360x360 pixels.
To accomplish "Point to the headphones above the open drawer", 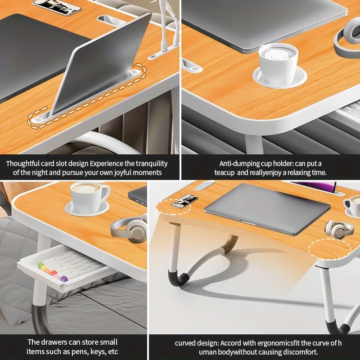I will click(x=130, y=229).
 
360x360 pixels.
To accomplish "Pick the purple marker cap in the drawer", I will click(x=64, y=279).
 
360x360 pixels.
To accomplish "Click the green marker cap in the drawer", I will click(x=41, y=265).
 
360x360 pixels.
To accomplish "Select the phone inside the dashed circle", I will click(x=184, y=201).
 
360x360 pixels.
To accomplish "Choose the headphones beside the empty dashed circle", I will click(x=339, y=229).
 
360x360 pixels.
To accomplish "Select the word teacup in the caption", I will click(x=224, y=172).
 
